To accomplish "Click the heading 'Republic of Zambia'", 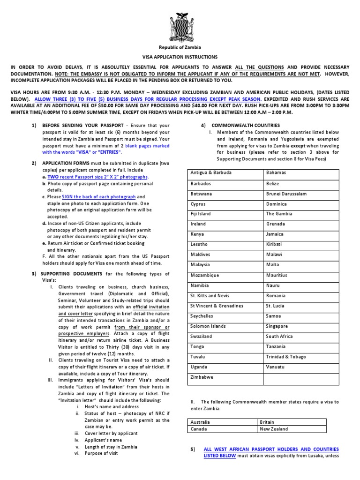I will pos(180,47).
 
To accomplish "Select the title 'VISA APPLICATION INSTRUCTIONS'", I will pos(180,57).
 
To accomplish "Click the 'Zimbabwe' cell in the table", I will pos(202,377).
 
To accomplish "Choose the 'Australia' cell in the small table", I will pos(201,422).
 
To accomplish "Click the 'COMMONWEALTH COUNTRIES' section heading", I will pos(246,125).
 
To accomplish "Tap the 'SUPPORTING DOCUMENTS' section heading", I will pos(72,273).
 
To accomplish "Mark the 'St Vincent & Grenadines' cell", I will pos(217,306).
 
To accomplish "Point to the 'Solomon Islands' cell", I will pos(208,326).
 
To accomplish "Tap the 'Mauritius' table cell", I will pos(277,275).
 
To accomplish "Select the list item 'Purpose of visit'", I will pos(102,453).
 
